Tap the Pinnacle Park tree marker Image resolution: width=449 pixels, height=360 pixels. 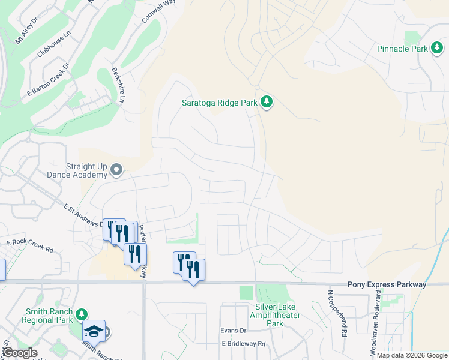click(436, 49)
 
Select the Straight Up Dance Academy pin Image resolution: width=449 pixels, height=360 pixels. click(116, 172)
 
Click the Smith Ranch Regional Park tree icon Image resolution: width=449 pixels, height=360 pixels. click(82, 314)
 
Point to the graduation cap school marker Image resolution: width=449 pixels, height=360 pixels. click(94, 331)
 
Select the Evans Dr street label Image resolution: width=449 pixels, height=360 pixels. click(234, 331)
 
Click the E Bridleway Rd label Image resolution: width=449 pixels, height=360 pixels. click(243, 344)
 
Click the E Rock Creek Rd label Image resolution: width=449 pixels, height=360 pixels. click(30, 245)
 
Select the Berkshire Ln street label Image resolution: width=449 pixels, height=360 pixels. click(117, 84)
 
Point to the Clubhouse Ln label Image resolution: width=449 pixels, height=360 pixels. click(53, 45)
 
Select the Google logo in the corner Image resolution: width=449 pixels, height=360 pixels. click(20, 353)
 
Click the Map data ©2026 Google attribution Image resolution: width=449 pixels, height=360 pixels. click(412, 355)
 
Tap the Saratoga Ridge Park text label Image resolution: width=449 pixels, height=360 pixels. click(220, 103)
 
